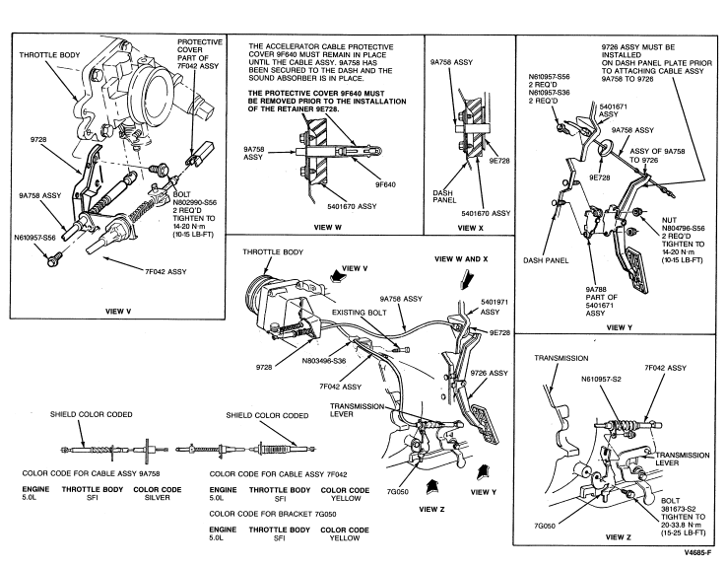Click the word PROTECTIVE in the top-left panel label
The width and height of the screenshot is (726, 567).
pos(203,44)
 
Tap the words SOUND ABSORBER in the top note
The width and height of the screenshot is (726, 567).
pos(278,83)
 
